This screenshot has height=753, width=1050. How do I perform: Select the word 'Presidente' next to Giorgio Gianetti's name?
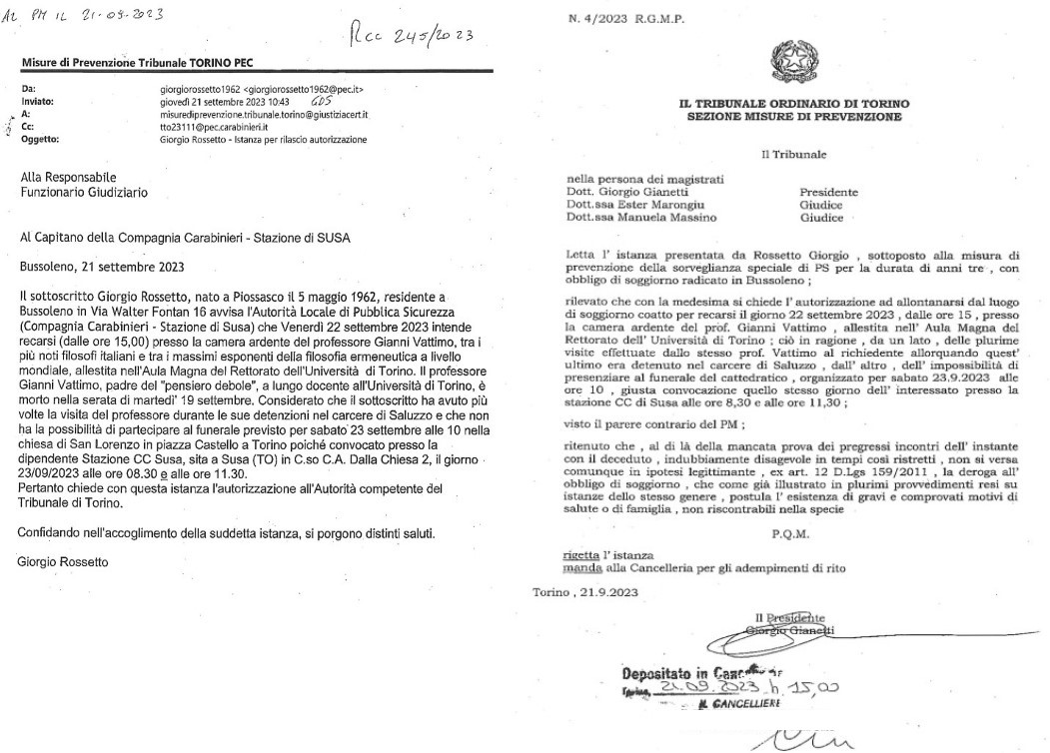[x=828, y=192]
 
